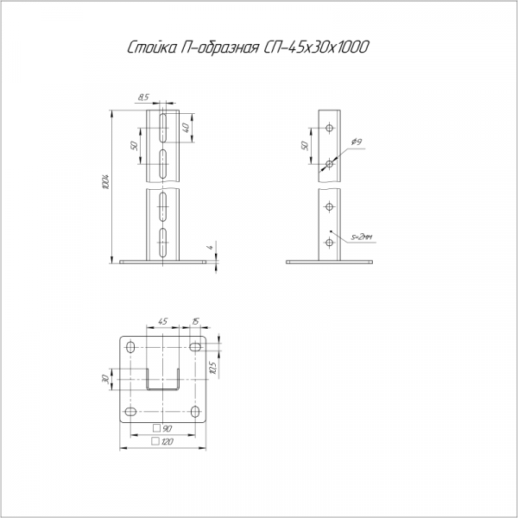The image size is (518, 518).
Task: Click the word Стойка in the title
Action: click(x=152, y=47)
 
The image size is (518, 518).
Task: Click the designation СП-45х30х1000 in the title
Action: click(x=316, y=47)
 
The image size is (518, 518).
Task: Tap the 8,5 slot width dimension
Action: click(x=143, y=98)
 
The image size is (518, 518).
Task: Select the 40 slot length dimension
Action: click(x=186, y=128)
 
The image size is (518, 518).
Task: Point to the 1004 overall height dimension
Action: click(x=106, y=181)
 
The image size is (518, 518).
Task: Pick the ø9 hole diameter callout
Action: click(x=357, y=142)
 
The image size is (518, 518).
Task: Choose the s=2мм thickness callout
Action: click(x=362, y=237)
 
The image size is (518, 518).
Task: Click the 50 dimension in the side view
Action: click(x=305, y=146)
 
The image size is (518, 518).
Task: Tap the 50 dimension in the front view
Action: click(x=134, y=146)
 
